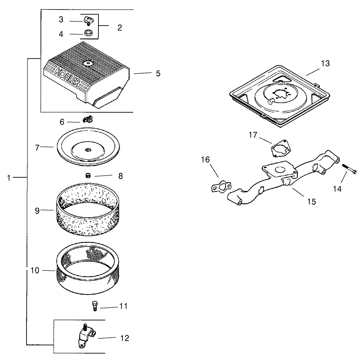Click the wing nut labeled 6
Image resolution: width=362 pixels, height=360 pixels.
coord(88,120)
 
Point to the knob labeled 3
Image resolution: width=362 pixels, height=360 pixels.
coord(88,20)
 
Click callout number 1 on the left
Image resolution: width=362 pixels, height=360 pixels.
coord(9,177)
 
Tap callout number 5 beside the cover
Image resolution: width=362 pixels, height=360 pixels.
coord(158,73)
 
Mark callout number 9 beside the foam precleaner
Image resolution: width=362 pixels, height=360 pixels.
coord(37,211)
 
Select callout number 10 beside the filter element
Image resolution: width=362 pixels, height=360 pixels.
coord(35,270)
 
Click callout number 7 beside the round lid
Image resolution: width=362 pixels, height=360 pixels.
coord(37,147)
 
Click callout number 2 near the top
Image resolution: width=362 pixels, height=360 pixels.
coord(119,27)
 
